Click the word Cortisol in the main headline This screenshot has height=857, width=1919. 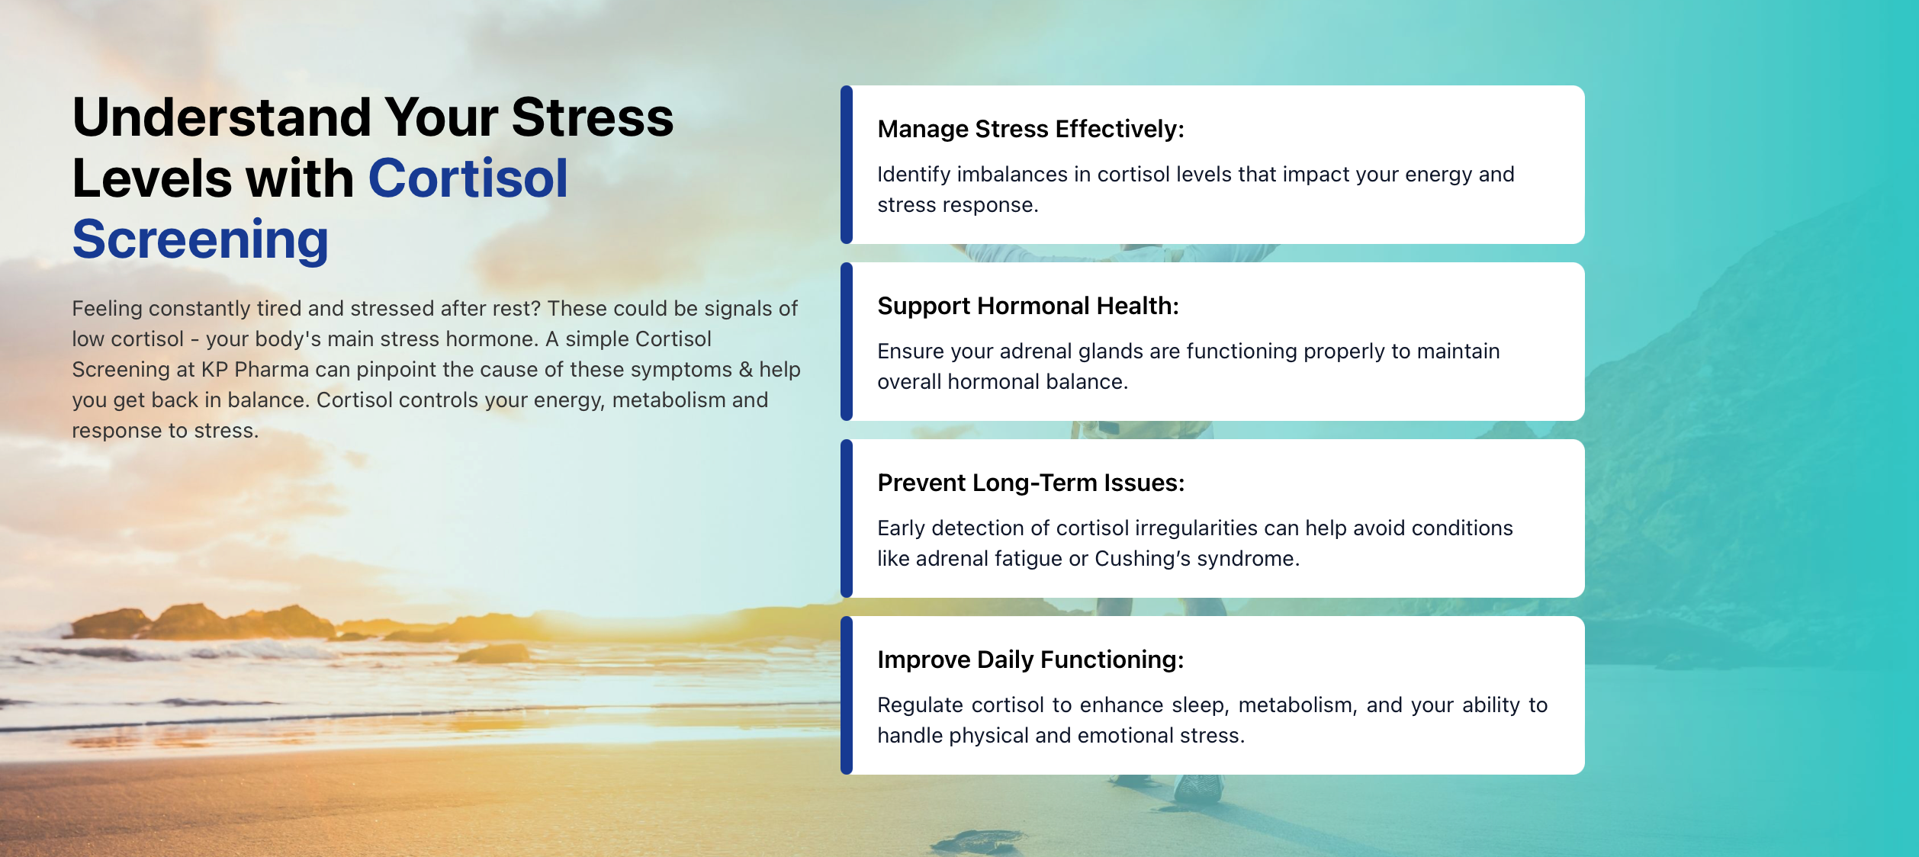[468, 178]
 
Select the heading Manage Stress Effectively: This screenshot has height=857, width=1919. [1031, 129]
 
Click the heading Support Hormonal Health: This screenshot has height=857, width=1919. [1028, 306]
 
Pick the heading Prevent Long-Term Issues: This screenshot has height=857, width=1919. [1031, 483]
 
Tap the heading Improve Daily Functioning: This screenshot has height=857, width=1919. [1031, 660]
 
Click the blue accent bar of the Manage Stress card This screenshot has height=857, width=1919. [847, 165]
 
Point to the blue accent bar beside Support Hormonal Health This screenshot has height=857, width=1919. [847, 342]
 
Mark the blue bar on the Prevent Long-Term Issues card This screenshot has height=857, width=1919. [847, 518]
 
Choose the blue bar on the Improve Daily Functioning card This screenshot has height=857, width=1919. [847, 695]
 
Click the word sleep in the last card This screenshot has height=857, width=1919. [1201, 705]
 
